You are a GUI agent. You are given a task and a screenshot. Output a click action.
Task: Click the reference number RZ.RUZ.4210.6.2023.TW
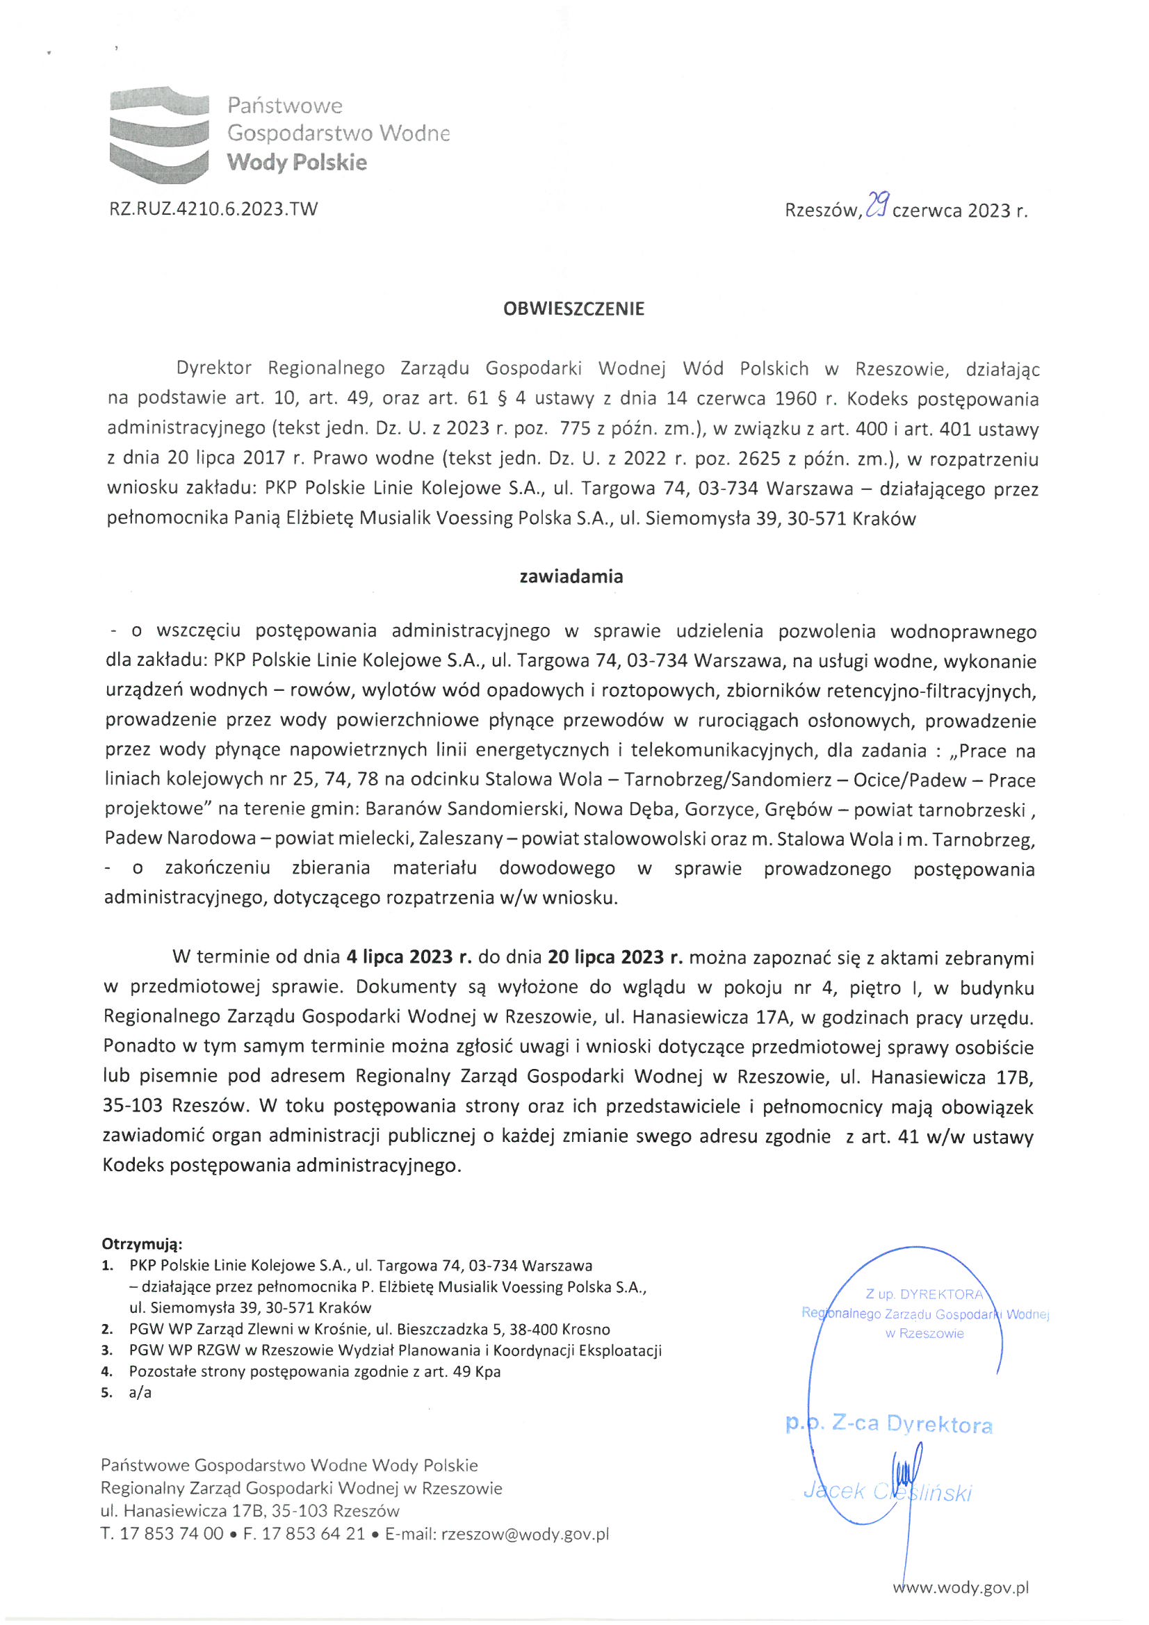pos(213,209)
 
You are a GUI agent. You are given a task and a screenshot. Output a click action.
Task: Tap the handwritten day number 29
pos(877,207)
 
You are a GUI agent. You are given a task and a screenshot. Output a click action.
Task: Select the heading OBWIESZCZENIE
pos(573,309)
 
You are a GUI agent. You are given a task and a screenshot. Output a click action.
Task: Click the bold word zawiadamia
pos(571,577)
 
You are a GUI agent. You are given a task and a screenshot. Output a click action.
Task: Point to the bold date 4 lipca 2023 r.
pos(409,958)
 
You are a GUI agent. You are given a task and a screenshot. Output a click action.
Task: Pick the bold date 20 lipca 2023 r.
pos(614,958)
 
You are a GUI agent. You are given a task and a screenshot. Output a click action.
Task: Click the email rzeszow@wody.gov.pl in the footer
pos(525,1534)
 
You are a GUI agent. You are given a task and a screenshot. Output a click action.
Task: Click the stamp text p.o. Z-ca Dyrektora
pos(888,1424)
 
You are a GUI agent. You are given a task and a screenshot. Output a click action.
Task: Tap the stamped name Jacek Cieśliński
pos(888,1492)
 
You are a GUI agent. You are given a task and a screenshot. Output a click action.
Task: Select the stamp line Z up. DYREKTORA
pos(924,1294)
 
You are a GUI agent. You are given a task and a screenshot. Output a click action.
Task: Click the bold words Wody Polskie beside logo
pos(297,163)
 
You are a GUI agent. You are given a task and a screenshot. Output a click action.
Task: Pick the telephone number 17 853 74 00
pos(171,1534)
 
